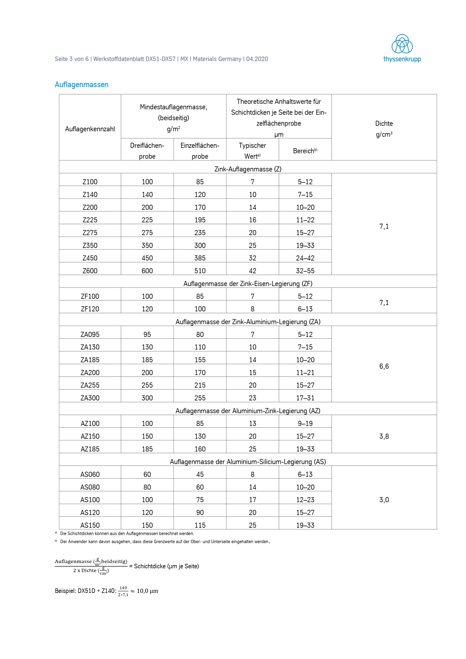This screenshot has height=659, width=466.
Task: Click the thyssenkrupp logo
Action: tap(402, 48)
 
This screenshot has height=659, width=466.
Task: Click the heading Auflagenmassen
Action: tap(82, 85)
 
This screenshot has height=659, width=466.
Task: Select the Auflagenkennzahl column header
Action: tap(90, 129)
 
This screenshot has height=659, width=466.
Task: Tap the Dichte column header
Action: tap(384, 129)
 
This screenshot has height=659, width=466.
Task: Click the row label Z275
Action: tap(90, 232)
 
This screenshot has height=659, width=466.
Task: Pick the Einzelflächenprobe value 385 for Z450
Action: tap(200, 258)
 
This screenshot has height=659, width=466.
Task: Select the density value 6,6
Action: tap(384, 366)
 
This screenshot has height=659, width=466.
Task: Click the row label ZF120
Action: tap(90, 309)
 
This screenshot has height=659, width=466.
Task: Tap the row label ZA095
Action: tap(90, 334)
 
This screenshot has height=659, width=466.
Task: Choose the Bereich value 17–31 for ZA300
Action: tap(305, 398)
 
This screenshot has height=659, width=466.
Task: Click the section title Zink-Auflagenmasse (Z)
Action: tap(248, 169)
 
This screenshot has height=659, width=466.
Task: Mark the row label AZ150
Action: tap(90, 436)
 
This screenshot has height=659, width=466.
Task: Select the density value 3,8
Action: tap(384, 436)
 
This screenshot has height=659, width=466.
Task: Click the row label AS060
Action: tap(90, 474)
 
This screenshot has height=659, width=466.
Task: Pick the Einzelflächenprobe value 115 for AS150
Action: tap(200, 525)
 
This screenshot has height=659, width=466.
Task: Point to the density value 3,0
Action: tap(384, 500)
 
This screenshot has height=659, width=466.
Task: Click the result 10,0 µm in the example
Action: tap(147, 591)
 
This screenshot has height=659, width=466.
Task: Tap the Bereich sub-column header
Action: tap(305, 151)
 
